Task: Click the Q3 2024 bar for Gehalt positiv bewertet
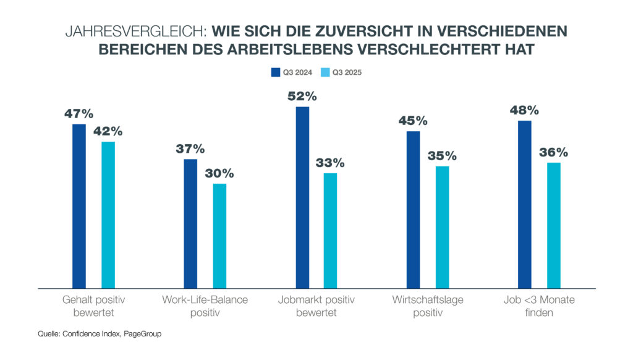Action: pos(79,206)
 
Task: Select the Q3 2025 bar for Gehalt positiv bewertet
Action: pos(108,215)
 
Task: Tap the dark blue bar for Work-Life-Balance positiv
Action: pos(190,223)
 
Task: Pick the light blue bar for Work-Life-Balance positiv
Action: pos(219,236)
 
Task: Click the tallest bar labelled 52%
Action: pos(302,197)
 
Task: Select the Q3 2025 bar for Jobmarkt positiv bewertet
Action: pos(331,230)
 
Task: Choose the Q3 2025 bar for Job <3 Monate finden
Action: pos(553,225)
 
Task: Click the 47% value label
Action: pos(79,114)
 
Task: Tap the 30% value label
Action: pos(219,173)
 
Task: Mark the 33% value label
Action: pos(331,163)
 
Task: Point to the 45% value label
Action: pos(413,121)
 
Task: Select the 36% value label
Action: pos(553,152)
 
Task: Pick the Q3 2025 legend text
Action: pos(347,72)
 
